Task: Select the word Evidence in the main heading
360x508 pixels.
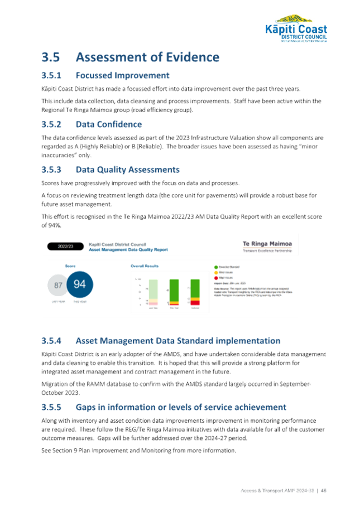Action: pyautogui.click(x=190, y=57)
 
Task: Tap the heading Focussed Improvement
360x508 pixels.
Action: pyautogui.click(x=122, y=75)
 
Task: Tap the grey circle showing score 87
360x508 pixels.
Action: pyautogui.click(x=58, y=286)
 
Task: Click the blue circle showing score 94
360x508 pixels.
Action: pyautogui.click(x=80, y=284)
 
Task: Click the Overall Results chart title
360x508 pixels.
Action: pyautogui.click(x=142, y=266)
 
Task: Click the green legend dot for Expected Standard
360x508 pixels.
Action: pyautogui.click(x=215, y=267)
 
